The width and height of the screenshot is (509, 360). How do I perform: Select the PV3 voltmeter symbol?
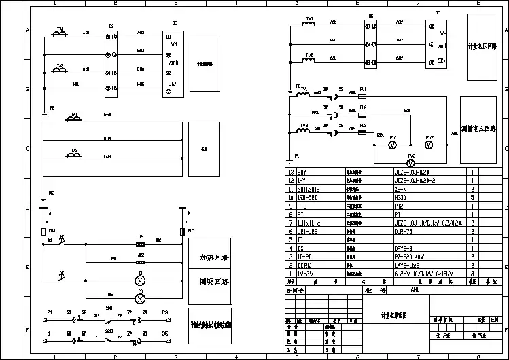coord(411,164)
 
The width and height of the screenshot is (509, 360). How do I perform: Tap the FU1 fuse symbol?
coord(364,96)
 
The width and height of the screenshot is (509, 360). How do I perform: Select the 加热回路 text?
coord(213,259)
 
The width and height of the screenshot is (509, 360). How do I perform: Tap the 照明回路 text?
coord(213,280)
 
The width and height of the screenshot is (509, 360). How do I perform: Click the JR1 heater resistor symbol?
coord(141,242)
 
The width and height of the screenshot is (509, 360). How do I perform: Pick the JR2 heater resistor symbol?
coord(141,261)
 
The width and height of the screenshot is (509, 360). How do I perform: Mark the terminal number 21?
coord(49,311)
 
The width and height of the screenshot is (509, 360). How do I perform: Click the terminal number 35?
coord(165,333)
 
